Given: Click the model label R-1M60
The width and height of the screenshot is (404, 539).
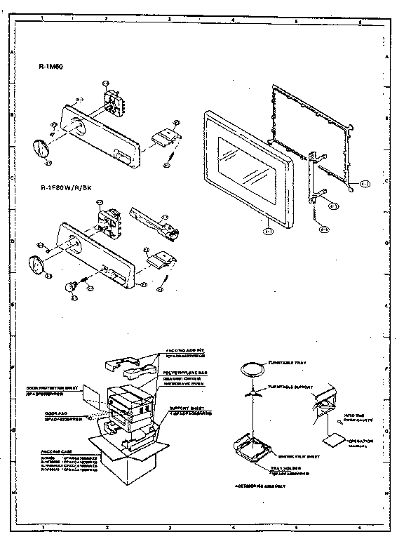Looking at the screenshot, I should (x=51, y=68).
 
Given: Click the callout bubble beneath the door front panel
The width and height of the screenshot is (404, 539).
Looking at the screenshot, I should (x=268, y=229).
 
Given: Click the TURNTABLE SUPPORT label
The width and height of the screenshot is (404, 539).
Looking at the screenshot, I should (x=289, y=386).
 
